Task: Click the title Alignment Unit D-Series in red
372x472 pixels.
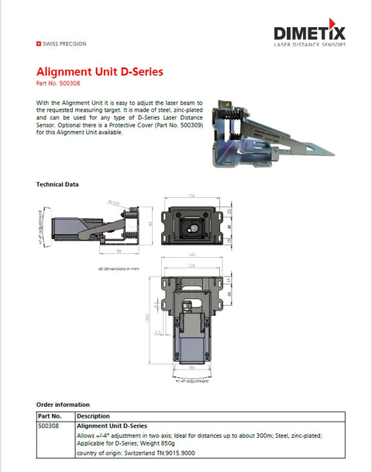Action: click(x=100, y=72)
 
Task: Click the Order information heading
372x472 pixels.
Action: click(x=64, y=404)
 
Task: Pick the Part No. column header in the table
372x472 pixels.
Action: click(x=50, y=415)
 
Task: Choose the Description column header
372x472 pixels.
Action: click(x=94, y=415)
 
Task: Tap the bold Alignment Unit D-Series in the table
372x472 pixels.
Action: click(x=112, y=426)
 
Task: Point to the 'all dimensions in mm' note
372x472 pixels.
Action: click(x=118, y=269)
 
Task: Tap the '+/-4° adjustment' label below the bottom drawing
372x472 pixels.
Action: click(x=191, y=380)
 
